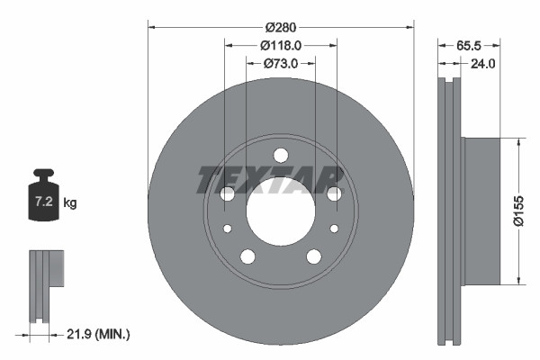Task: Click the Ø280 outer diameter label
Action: click(x=280, y=27)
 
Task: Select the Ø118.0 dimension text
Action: click(x=280, y=45)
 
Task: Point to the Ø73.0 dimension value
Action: click(x=280, y=64)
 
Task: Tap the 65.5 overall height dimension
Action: click(x=467, y=42)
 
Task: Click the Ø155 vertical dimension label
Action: click(x=518, y=210)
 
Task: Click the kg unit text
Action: click(x=70, y=203)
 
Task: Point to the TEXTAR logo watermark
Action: click(x=270, y=179)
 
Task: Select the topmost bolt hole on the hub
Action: click(x=280, y=155)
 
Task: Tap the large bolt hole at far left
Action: click(x=227, y=193)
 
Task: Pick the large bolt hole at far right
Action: click(x=334, y=193)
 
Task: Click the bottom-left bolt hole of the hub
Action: click(x=247, y=256)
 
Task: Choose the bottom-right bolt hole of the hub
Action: click(x=313, y=256)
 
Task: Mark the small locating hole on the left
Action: click(x=228, y=229)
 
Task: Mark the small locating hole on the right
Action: click(x=333, y=229)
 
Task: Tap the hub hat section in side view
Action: click(x=481, y=211)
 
